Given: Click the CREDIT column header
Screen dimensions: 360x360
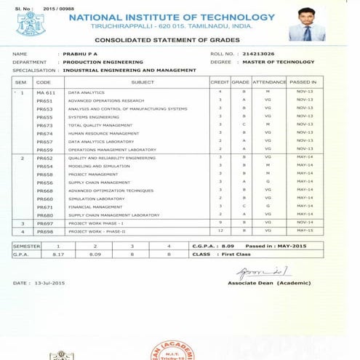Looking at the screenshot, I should click(219, 83).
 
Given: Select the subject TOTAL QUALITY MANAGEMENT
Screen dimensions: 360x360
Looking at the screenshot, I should click(100, 125).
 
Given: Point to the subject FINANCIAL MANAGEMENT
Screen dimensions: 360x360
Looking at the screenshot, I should click(97, 207).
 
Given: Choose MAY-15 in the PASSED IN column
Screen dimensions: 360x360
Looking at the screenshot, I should click(305, 231).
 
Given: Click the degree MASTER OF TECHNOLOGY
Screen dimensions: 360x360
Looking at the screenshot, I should click(278, 63).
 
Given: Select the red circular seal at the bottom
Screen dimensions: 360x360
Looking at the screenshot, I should click(172, 351).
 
